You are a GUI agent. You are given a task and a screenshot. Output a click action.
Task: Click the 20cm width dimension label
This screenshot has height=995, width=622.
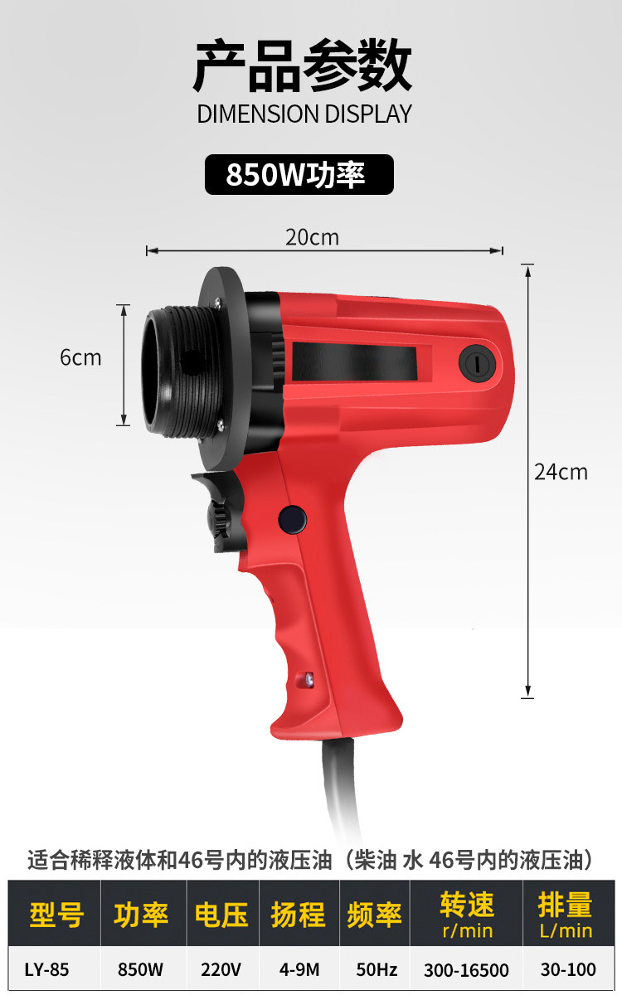coord(312,238)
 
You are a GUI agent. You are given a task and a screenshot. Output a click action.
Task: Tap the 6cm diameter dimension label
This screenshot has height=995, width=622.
coord(81,357)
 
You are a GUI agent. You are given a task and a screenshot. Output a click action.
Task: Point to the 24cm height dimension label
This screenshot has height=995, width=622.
coord(561,472)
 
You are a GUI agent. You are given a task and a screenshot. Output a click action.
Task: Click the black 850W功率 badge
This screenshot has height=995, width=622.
coord(299,175)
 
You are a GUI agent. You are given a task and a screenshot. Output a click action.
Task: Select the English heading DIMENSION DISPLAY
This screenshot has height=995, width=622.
coord(304,114)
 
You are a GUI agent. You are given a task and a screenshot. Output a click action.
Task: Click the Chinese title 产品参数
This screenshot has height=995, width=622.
coord(303,66)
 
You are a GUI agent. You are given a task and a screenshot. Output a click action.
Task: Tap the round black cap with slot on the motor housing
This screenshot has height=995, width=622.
coord(478,364)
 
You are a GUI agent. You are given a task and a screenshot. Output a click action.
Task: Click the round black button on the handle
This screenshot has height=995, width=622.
coord(292,520)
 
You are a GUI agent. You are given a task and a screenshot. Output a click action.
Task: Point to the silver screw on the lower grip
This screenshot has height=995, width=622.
coord(309,678)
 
